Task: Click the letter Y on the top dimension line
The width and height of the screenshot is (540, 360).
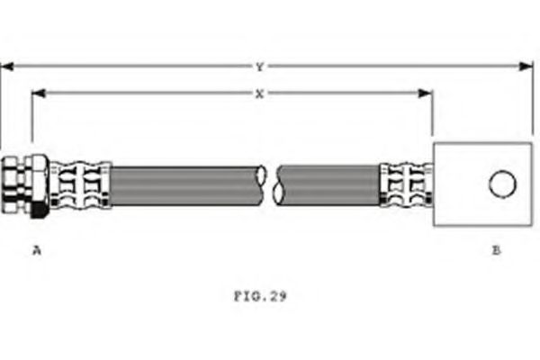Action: pos(260,67)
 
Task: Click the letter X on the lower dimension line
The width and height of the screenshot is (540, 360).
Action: pos(260,94)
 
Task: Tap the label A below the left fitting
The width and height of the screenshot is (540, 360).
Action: pos(37,250)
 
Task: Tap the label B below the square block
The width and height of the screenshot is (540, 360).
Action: pos(496,250)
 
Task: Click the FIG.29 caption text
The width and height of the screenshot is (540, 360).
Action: pos(260,296)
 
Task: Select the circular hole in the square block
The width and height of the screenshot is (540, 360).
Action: pos(502,184)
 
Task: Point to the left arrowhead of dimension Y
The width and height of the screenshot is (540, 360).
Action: pos(7,66)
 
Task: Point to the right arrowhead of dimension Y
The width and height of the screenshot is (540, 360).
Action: pos(526,66)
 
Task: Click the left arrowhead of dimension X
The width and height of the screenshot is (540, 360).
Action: pos(39,93)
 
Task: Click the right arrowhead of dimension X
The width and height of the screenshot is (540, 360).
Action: pos(426,93)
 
